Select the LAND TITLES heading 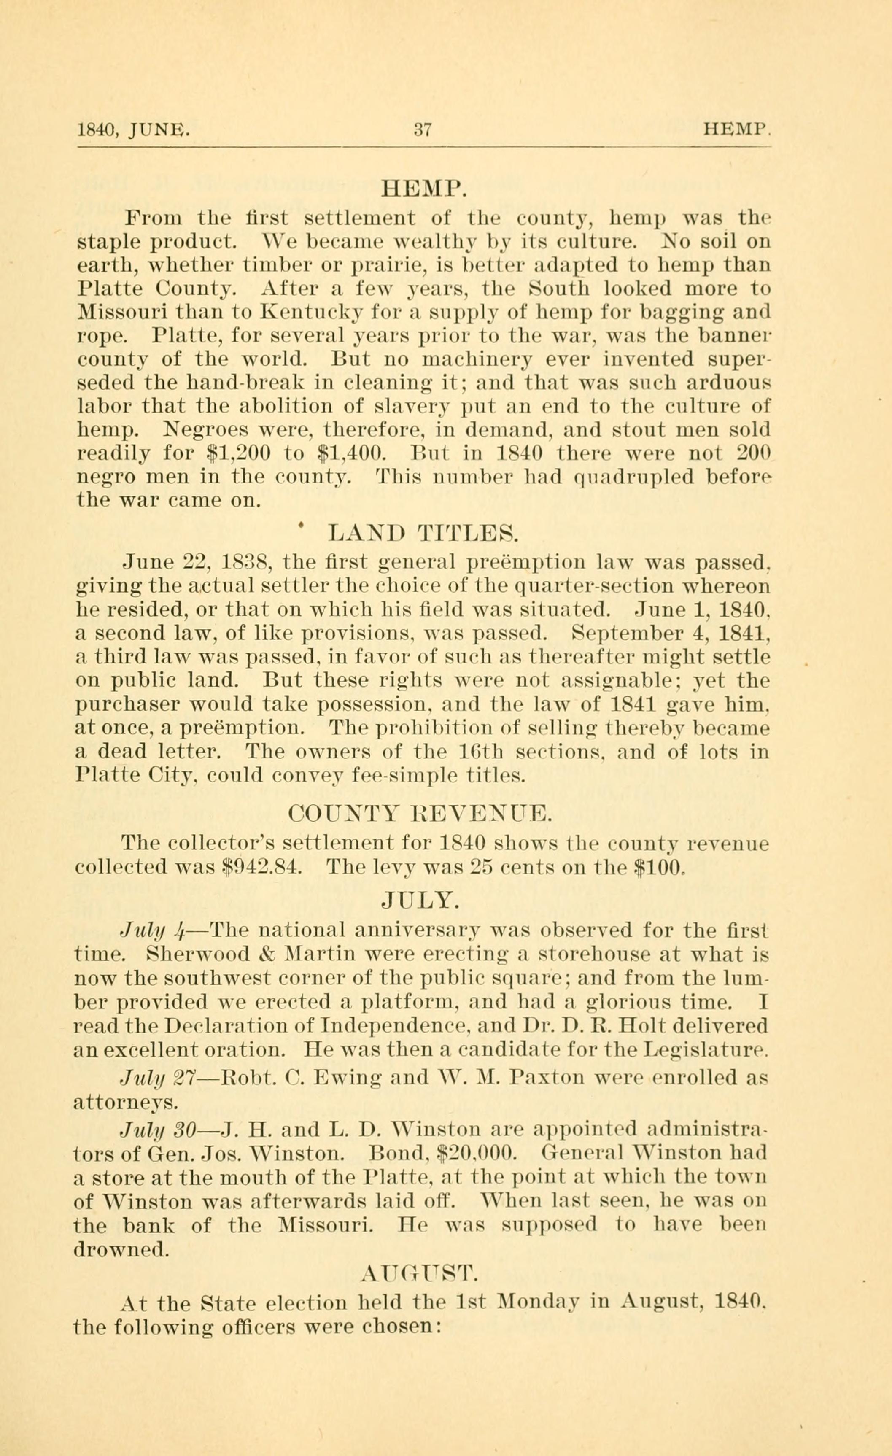[x=423, y=534]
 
